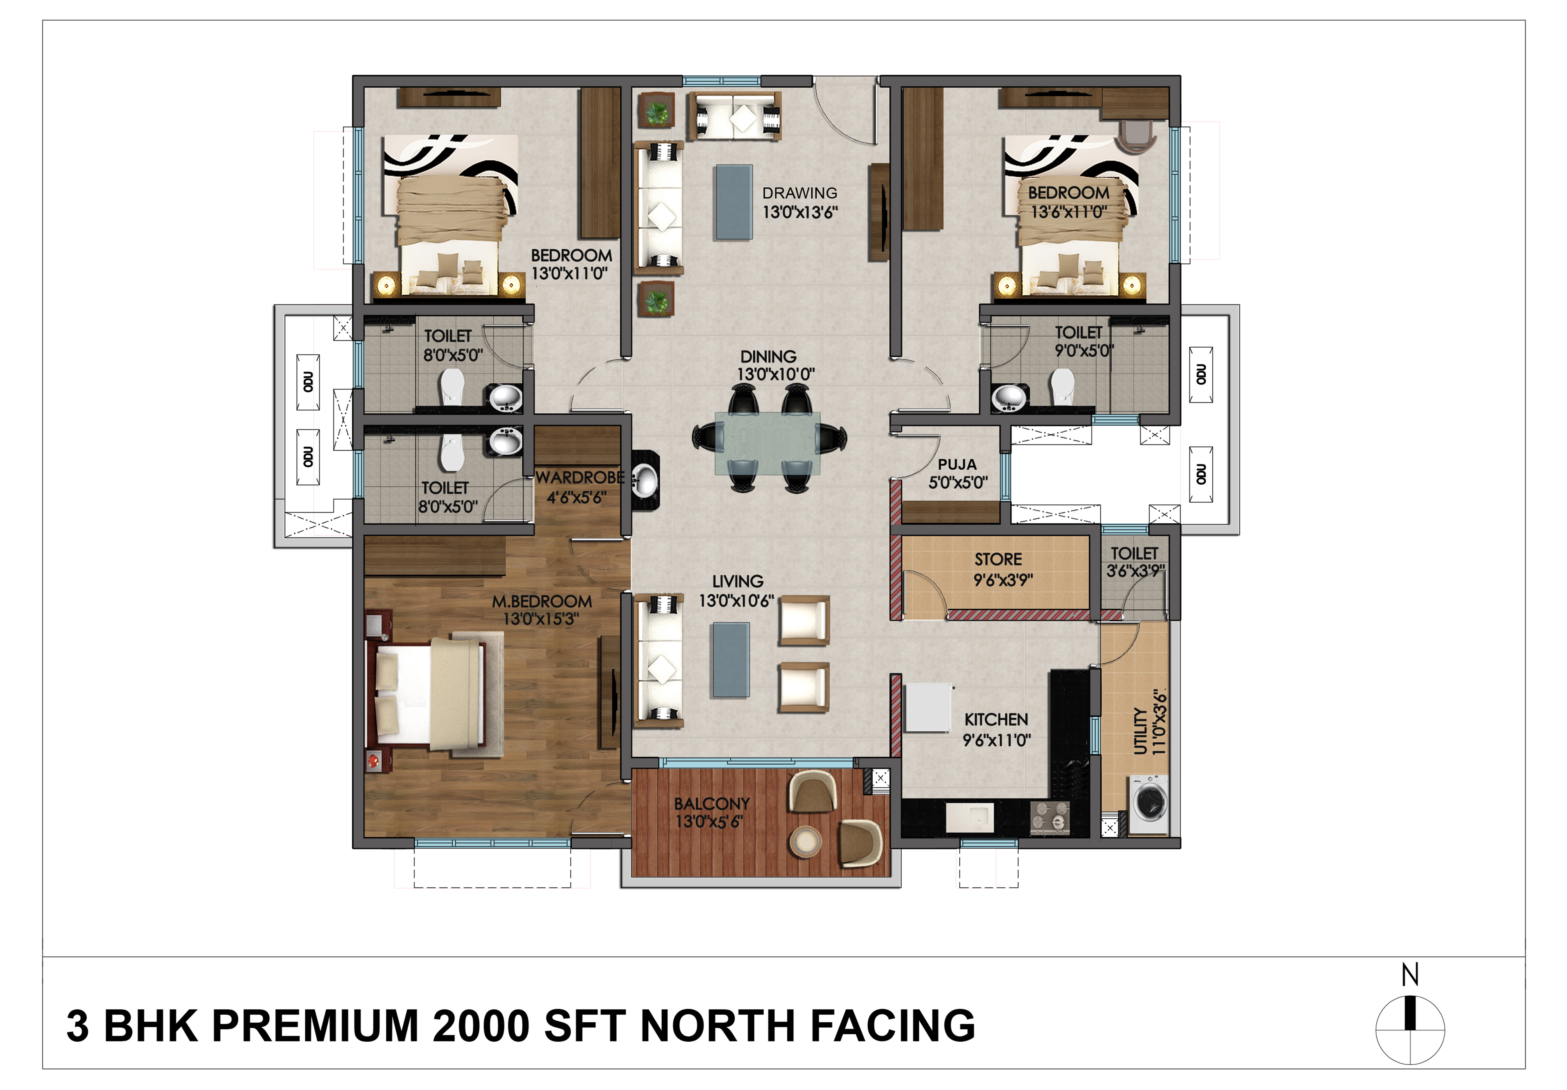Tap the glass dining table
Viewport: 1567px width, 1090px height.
click(x=768, y=443)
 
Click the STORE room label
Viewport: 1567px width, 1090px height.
click(x=998, y=560)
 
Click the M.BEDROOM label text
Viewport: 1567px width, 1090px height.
click(x=542, y=601)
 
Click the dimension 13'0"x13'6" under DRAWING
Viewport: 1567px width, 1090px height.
click(x=800, y=212)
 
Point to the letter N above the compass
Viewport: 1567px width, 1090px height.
click(x=1410, y=975)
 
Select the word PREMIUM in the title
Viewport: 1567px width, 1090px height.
click(x=315, y=1026)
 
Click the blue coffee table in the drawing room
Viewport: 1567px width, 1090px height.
click(x=734, y=202)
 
